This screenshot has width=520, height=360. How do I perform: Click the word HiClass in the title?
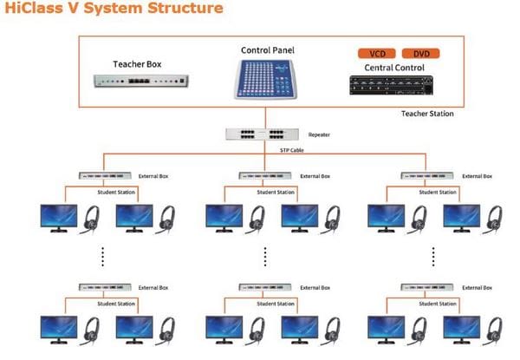(x=34, y=8)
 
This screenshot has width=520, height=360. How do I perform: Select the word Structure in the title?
(x=185, y=8)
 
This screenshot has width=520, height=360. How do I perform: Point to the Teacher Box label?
(x=137, y=64)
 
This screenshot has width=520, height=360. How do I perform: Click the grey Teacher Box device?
(x=141, y=81)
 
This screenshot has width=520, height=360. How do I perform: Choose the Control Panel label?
(x=268, y=50)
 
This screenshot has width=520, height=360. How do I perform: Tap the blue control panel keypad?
(x=266, y=79)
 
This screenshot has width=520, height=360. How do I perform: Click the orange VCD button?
(x=377, y=54)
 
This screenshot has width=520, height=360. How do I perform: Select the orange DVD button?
(x=421, y=54)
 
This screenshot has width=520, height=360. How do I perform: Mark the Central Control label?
(x=394, y=68)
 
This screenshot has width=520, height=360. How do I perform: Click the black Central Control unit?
(x=392, y=85)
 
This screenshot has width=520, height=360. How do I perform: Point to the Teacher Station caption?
(x=427, y=114)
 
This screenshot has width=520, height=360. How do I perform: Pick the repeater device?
(x=262, y=134)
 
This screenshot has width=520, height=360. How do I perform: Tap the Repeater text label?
(x=319, y=134)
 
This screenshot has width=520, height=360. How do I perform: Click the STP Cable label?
(x=292, y=150)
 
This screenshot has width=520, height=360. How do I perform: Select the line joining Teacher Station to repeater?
(x=265, y=118)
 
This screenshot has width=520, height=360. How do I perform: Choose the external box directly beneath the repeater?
(x=265, y=175)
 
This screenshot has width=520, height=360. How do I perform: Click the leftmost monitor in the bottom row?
(x=59, y=330)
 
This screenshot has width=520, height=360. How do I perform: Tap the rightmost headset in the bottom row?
(x=494, y=331)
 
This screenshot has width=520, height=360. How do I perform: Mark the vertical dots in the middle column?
(x=265, y=257)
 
